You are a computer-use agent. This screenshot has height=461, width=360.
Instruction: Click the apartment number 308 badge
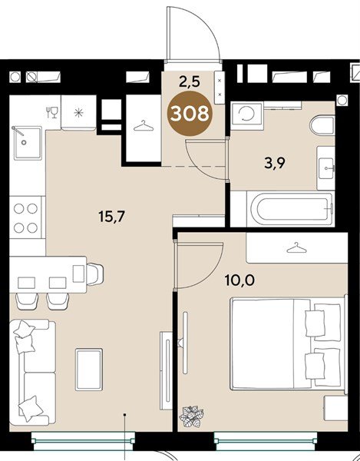[190, 114]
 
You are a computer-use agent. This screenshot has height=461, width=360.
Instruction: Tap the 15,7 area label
[112, 217]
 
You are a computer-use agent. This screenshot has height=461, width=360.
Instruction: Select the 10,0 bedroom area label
[239, 280]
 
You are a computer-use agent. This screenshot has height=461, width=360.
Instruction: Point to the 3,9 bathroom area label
[275, 164]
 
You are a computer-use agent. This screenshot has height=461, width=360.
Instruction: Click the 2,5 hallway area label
[190, 81]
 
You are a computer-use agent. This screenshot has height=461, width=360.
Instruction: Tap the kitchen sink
[28, 143]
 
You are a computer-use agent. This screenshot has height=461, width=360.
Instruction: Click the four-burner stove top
[26, 217]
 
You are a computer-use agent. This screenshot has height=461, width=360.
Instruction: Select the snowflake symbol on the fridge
[79, 113]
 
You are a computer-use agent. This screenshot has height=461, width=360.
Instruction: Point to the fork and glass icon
[52, 112]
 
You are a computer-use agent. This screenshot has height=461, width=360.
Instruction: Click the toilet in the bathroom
[322, 125]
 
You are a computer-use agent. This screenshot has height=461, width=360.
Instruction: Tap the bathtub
[291, 209]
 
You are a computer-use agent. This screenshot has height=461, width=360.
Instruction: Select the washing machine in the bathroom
[247, 114]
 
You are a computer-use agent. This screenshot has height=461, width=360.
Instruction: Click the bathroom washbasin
[326, 168]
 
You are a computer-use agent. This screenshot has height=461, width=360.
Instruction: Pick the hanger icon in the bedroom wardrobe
[296, 248]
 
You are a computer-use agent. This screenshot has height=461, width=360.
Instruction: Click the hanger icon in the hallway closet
[144, 126]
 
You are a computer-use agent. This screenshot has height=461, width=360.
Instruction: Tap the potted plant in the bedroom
[192, 416]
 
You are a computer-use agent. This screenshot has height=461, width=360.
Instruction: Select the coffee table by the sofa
[89, 370]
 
